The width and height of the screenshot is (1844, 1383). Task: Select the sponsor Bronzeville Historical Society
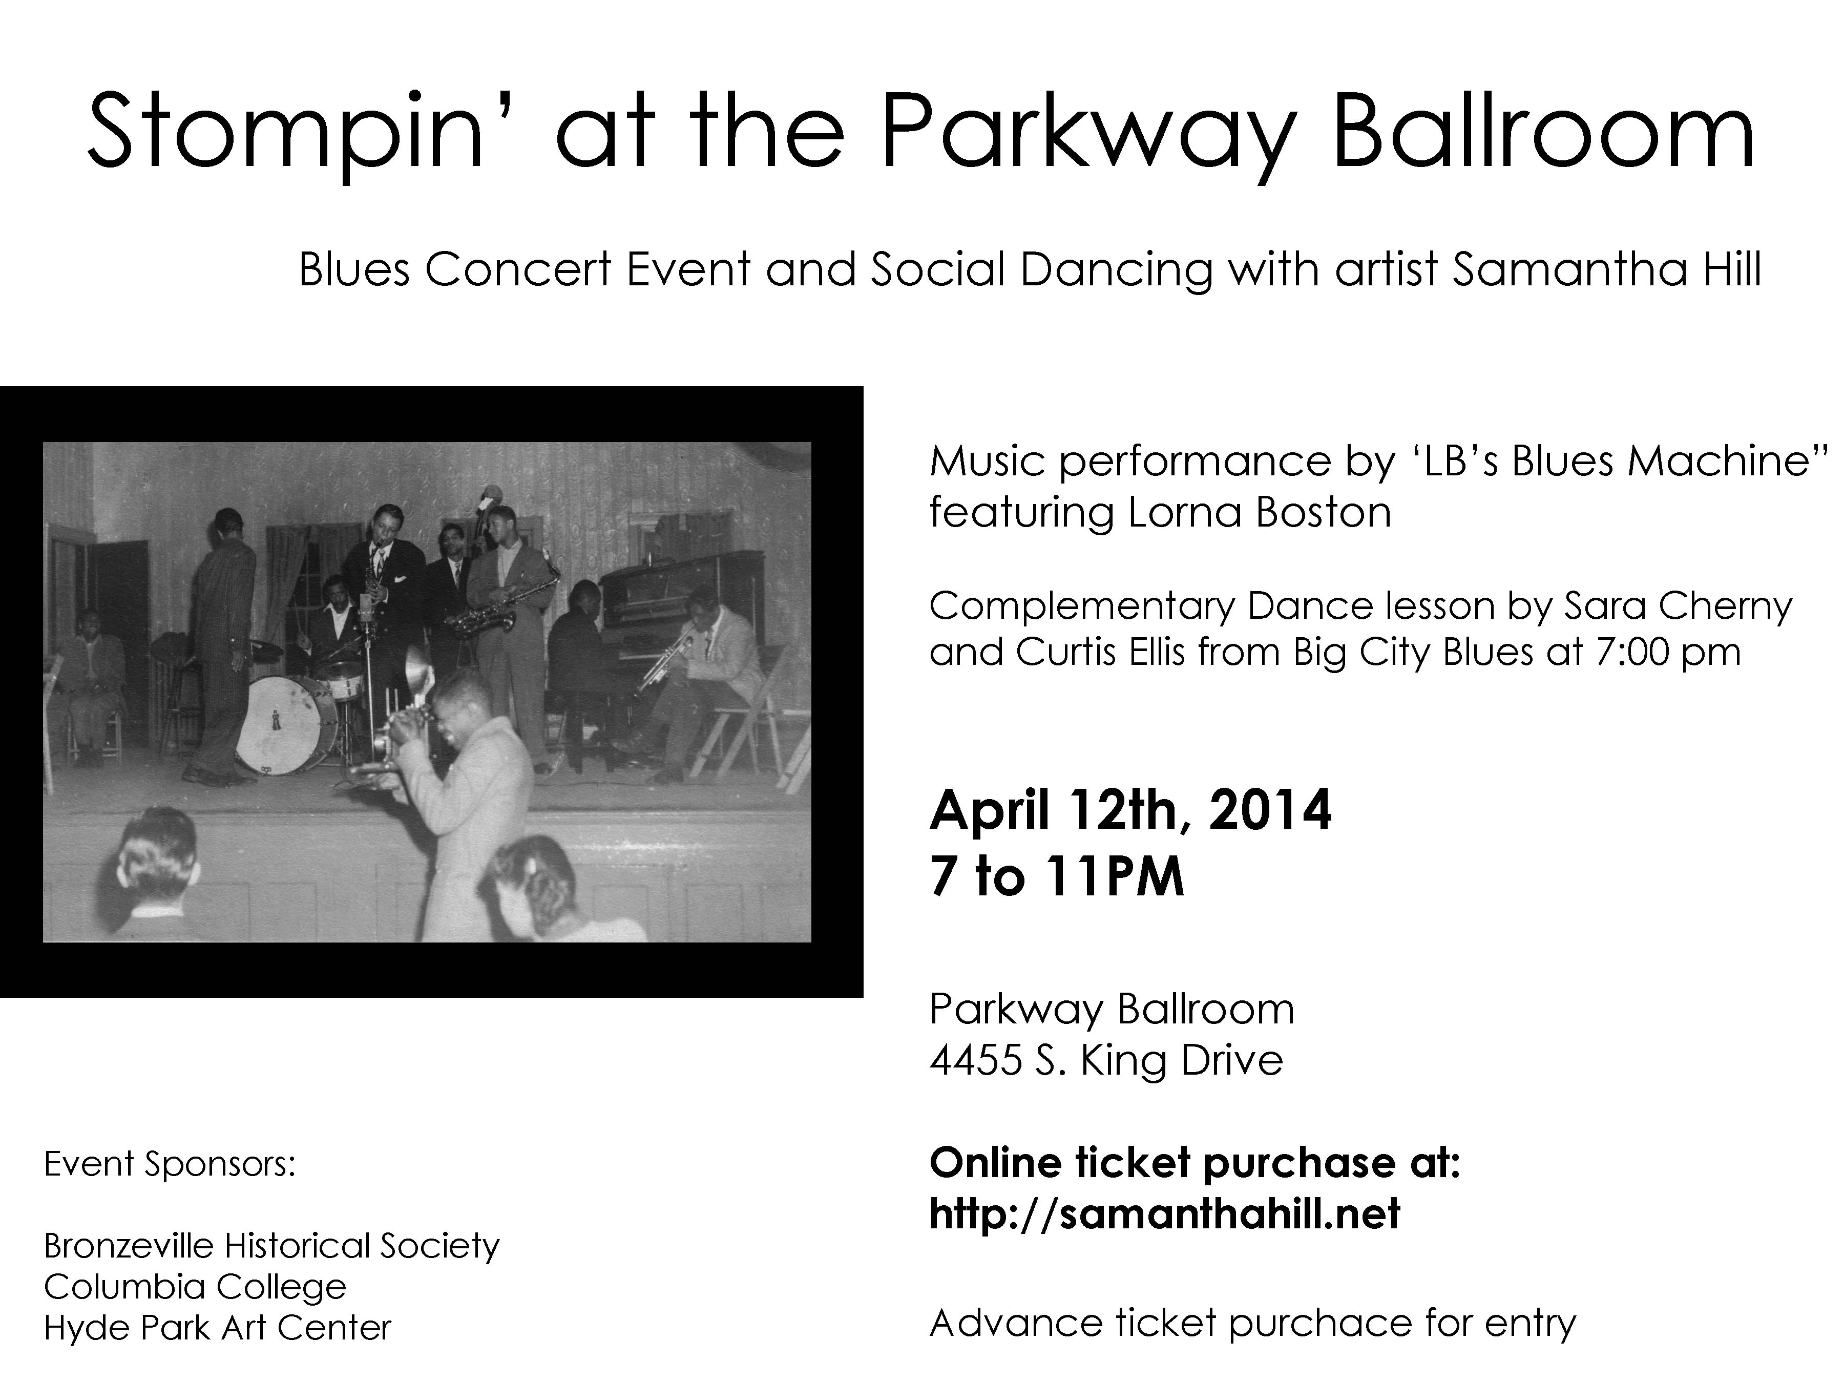pos(271,1245)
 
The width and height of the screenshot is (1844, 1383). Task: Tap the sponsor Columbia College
pos(194,1286)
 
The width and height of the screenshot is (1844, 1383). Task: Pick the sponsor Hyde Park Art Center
pos(217,1327)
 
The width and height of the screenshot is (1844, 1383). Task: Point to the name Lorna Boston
pos(1259,512)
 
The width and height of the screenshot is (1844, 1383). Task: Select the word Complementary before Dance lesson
pos(1080,606)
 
